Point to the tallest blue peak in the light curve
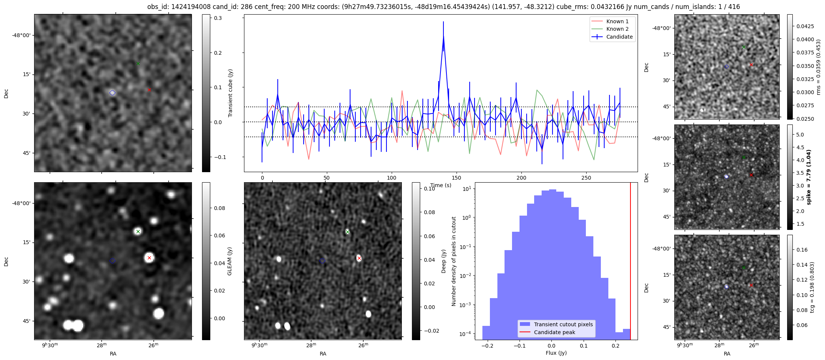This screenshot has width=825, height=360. (443, 37)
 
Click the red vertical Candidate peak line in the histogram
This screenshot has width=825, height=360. (630, 262)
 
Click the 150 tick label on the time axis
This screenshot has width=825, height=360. (456, 178)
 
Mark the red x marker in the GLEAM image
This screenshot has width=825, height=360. (149, 258)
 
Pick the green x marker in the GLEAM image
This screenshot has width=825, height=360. (138, 231)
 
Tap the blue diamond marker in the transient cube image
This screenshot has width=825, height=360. (112, 93)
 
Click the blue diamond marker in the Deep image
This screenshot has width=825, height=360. (322, 261)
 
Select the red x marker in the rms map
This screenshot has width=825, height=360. (751, 65)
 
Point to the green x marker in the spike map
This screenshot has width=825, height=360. (744, 157)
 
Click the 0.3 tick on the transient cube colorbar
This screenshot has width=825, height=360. (218, 18)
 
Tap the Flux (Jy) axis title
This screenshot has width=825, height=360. (556, 353)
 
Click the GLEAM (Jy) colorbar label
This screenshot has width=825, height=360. (229, 261)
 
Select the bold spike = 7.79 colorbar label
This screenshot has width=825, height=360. (809, 177)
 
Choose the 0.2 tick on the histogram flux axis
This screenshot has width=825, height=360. (615, 346)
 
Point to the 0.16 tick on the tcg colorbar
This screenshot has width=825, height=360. (802, 250)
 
